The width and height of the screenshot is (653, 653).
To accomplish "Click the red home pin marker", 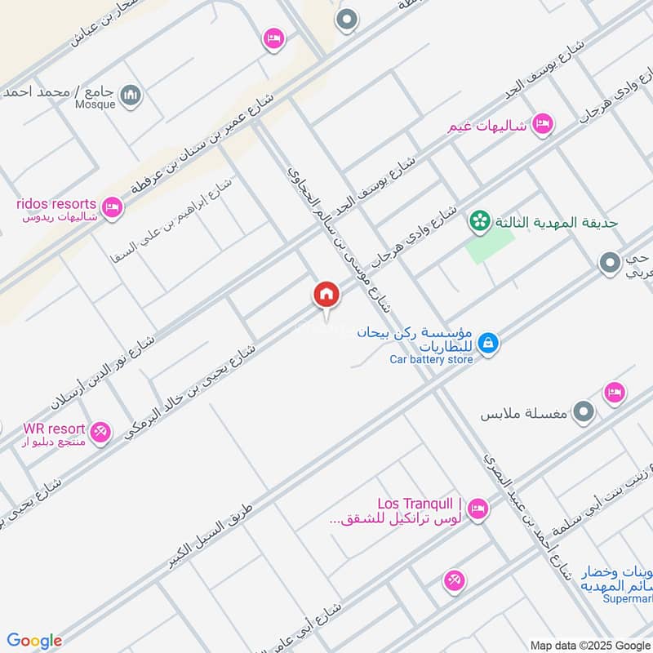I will tap(326, 295).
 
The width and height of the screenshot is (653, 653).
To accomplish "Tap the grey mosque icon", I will tap(130, 96).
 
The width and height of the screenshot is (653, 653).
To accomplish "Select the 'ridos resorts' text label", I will tap(56, 203).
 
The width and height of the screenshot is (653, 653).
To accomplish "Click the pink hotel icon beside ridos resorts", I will tap(113, 208).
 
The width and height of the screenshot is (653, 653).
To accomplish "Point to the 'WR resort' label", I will tap(55, 429).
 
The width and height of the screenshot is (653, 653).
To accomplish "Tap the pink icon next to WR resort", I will tap(100, 432).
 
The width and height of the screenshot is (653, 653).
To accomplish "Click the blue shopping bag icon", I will tap(488, 344).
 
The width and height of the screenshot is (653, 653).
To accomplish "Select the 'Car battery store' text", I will tap(431, 360).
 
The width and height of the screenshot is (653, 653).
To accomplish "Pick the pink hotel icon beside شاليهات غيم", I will tap(542, 125).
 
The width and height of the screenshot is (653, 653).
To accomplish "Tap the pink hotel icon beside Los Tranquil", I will tap(479, 508).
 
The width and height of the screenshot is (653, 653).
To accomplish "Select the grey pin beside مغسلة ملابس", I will tap(583, 412).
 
